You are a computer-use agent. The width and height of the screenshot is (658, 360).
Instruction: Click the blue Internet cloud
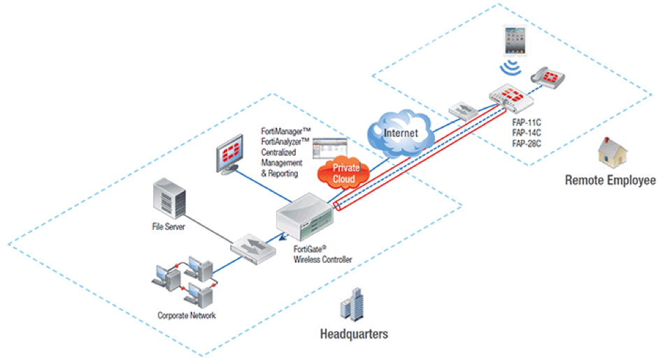click(x=400, y=130)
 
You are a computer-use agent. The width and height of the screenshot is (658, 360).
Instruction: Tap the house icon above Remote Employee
click(x=610, y=152)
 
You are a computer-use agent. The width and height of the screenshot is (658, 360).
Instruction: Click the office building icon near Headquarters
click(x=352, y=308)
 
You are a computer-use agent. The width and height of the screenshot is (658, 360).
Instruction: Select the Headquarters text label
click(x=354, y=333)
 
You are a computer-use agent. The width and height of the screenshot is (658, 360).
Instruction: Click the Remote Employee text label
click(x=610, y=180)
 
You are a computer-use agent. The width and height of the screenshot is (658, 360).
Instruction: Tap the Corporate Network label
click(x=186, y=315)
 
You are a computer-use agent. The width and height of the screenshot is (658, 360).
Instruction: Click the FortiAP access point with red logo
click(x=514, y=97)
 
